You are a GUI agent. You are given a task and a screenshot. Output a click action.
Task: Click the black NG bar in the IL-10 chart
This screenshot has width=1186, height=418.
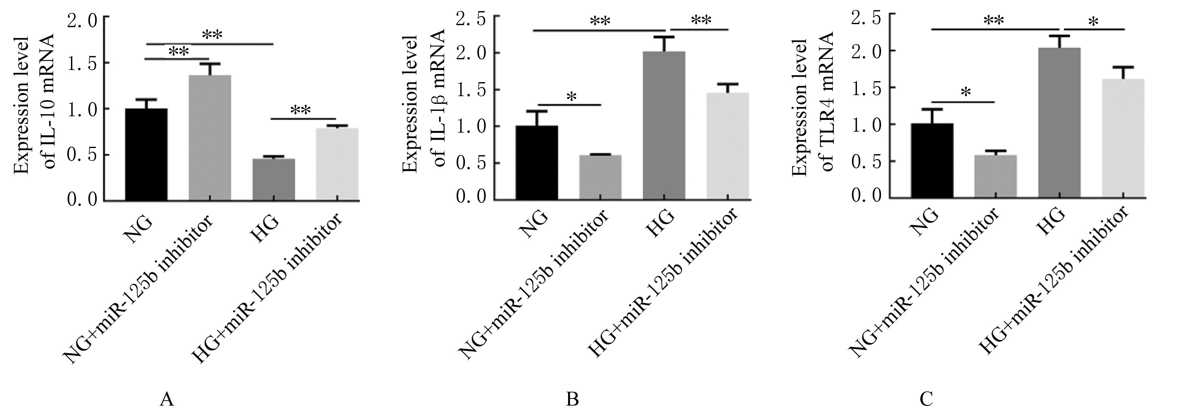[x=146, y=154]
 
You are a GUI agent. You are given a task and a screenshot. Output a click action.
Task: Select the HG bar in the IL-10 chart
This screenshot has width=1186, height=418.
[x=273, y=180]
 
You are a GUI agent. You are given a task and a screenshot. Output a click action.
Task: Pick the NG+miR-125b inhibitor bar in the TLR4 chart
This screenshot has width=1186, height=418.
[x=996, y=177]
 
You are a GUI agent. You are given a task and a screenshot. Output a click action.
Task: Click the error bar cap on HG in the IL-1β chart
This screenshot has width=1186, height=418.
[x=664, y=37]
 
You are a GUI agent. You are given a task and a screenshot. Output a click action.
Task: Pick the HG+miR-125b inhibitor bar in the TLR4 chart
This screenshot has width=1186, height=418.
[x=1123, y=138]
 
